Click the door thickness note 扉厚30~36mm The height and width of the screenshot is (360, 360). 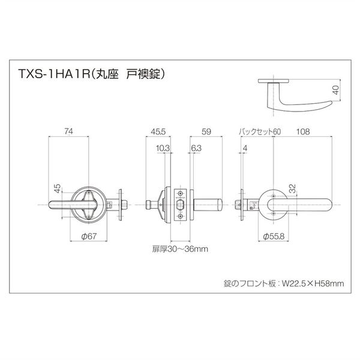pyautogui.click(x=180, y=247)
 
